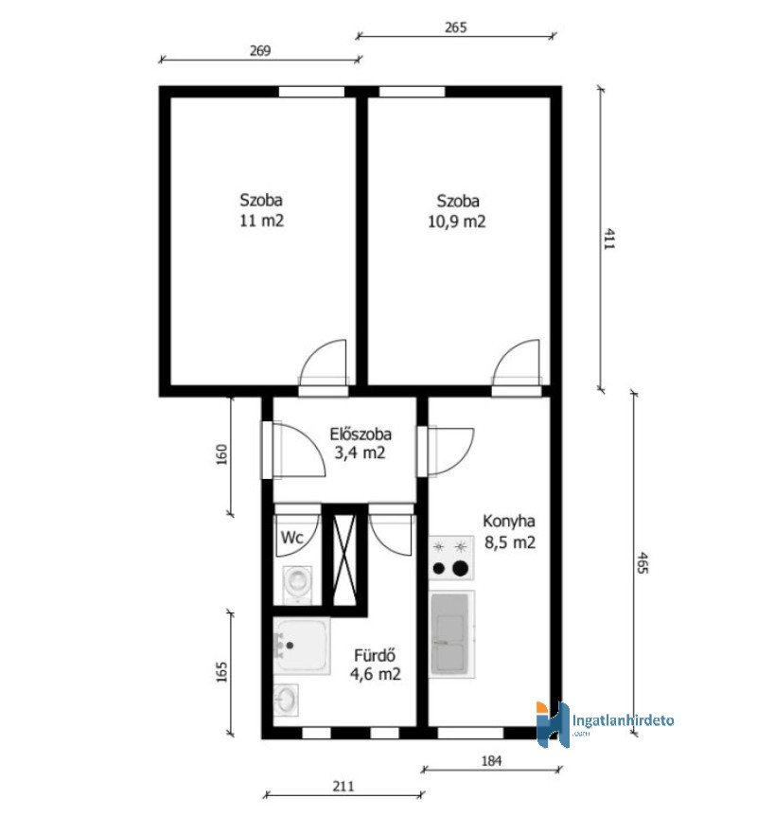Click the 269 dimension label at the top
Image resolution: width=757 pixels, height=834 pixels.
260,51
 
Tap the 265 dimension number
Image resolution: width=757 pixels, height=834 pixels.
455,27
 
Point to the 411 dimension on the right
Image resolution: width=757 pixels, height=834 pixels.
609,239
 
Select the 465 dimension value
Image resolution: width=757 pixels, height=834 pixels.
643,562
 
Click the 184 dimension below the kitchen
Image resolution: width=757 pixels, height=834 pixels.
491,761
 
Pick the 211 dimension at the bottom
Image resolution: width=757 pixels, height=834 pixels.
343,786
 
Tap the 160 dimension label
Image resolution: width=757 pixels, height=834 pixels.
221,454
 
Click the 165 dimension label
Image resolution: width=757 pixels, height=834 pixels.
221,672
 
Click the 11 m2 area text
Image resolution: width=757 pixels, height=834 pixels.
261,221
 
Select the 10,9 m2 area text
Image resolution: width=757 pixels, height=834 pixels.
457,222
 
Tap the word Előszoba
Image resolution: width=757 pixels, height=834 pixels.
361,434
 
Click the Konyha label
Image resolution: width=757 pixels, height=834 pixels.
509,522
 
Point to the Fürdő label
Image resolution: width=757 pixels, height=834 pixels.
375,655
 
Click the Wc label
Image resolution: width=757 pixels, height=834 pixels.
291,537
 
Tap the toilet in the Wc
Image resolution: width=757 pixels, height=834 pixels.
295,584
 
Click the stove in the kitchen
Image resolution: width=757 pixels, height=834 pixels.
451,558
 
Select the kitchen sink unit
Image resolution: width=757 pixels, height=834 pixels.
452,634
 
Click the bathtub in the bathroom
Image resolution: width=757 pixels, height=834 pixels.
302,646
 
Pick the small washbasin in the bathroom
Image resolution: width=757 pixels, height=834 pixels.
286,700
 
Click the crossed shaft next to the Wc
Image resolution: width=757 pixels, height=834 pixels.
343,559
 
